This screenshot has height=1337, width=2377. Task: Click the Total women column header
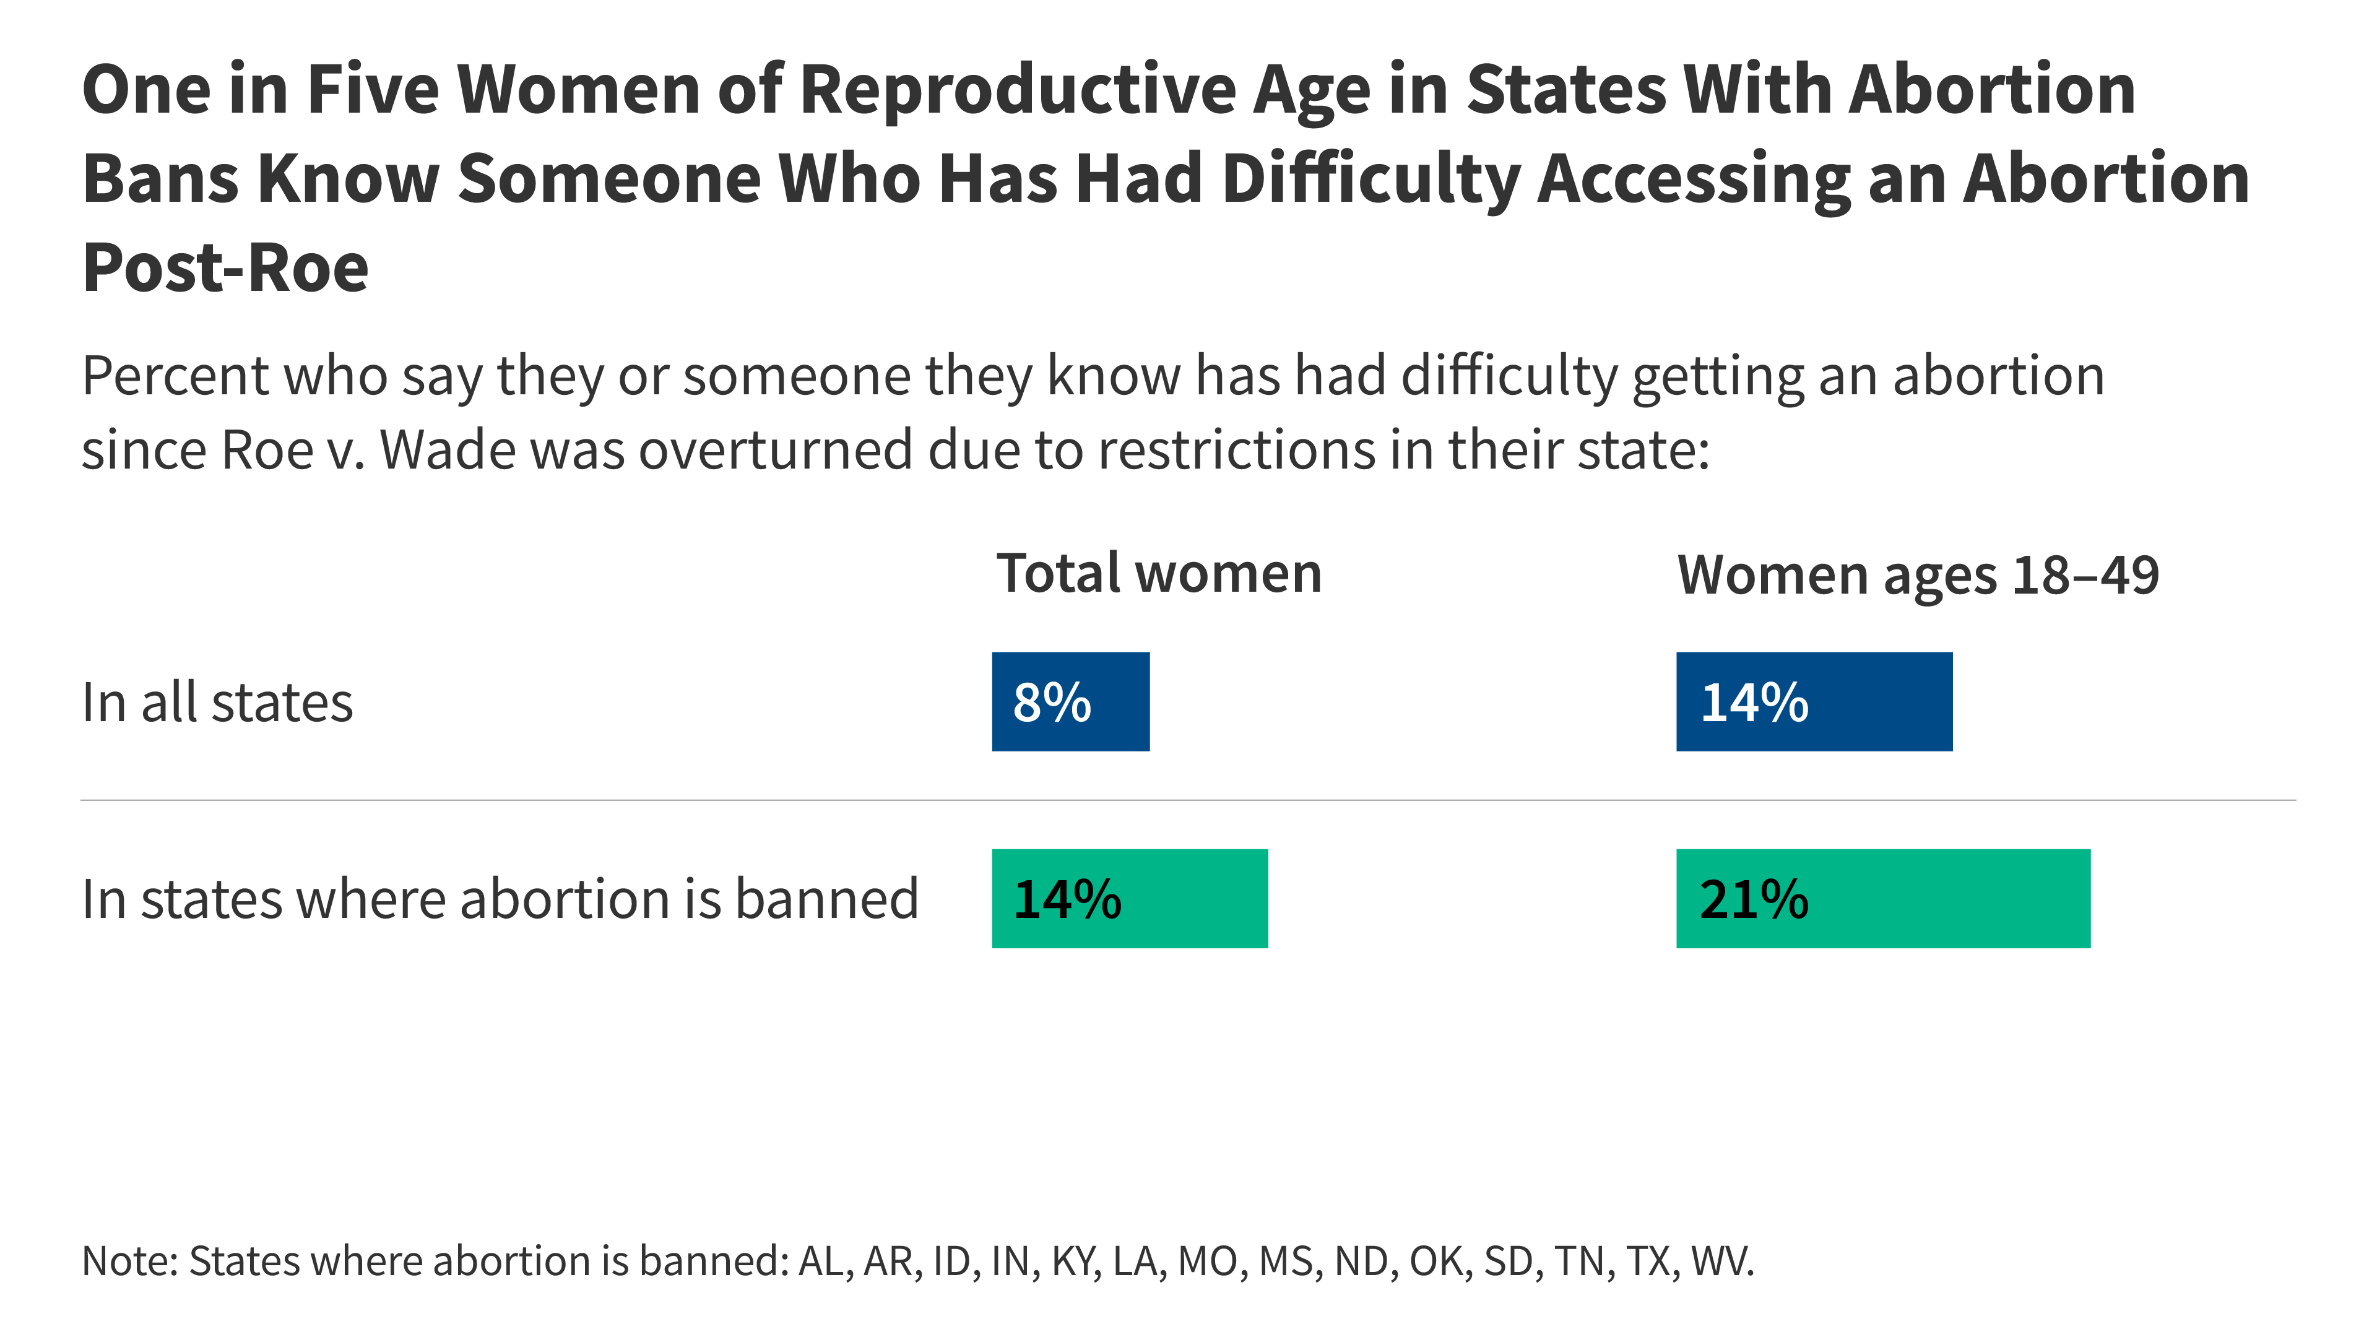click(x=1159, y=573)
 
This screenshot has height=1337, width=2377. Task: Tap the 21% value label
click(x=1753, y=899)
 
